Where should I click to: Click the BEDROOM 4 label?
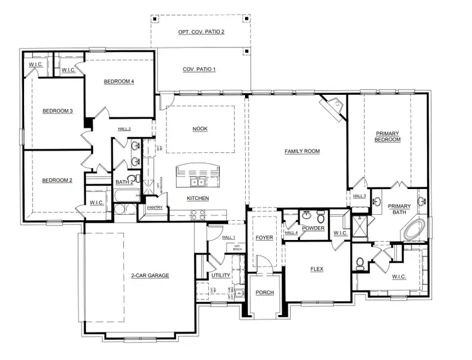[118, 82]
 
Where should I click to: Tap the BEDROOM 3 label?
[57, 111]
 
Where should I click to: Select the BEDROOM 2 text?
[57, 180]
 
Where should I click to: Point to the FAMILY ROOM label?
[301, 151]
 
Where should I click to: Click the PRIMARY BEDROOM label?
[388, 136]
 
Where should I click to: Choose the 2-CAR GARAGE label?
[150, 275]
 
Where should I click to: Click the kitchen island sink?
[196, 181]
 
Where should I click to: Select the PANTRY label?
[155, 208]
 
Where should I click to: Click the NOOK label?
[200, 129]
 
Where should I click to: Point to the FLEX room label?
[316, 269]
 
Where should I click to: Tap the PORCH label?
[264, 293]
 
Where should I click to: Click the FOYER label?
[264, 238]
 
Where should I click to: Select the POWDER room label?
[313, 229]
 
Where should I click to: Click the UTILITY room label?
[220, 275]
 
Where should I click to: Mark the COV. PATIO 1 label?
[199, 70]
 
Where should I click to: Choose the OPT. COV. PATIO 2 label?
[201, 31]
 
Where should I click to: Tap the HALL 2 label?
[124, 129]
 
